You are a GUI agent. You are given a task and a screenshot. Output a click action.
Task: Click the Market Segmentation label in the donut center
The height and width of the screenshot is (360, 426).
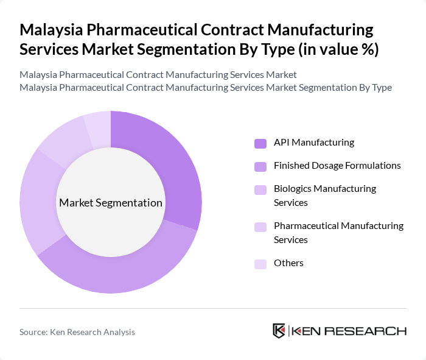pos(111,203)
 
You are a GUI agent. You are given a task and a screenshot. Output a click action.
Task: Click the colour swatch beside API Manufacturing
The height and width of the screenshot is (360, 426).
pos(260,143)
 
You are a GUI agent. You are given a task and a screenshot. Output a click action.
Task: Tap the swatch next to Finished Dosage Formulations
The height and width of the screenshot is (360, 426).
pos(260,166)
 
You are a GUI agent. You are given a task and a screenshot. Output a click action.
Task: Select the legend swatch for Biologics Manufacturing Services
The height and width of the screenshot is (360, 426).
pos(260,189)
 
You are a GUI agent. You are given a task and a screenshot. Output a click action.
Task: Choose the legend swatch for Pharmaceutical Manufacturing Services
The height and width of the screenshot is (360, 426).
pos(260,227)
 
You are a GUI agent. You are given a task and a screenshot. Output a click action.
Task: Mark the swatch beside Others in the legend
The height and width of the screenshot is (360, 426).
pos(260,264)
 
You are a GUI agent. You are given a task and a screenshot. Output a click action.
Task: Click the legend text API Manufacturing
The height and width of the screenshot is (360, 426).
pos(313,143)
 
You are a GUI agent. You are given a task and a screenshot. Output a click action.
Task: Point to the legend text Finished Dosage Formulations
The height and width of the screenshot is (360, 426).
pos(337,166)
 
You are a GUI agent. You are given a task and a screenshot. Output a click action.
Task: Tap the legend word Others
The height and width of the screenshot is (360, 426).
pos(288,263)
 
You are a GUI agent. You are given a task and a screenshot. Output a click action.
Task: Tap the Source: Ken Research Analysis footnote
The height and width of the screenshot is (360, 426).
pos(77,332)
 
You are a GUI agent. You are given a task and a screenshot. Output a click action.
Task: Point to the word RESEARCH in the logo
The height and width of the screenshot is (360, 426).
pos(371,331)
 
